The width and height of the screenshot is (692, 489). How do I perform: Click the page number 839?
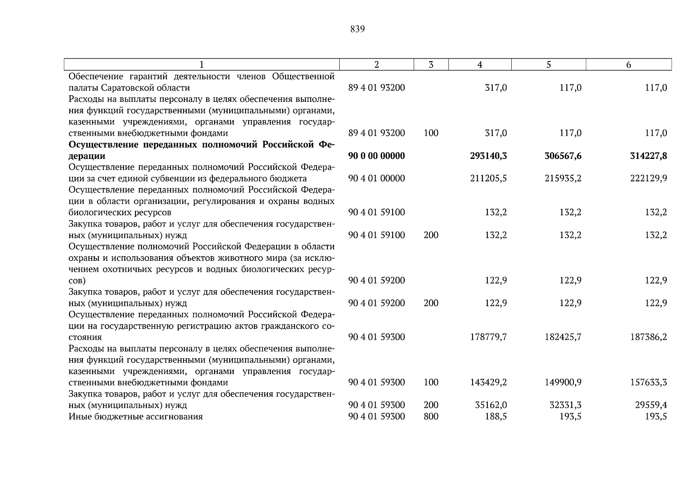point(357,29)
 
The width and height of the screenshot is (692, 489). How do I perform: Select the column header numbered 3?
point(431,64)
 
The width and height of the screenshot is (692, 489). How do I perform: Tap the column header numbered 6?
point(628,64)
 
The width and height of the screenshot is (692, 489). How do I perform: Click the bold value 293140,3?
point(488,156)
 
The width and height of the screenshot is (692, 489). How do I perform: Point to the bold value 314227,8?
point(648,156)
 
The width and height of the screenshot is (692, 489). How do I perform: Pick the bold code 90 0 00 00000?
point(376,156)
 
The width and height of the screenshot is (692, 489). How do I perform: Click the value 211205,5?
point(488,178)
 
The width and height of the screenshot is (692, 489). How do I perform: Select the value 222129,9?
point(648,178)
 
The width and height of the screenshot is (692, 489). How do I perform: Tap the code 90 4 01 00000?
point(376,178)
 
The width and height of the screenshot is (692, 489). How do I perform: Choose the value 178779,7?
point(488,337)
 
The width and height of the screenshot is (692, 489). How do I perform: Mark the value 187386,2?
point(648,337)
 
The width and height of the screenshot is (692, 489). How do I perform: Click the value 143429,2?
point(488,382)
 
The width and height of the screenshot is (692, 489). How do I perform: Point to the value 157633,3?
point(648,382)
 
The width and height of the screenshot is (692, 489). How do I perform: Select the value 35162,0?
point(491,405)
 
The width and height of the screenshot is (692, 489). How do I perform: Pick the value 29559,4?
point(651,405)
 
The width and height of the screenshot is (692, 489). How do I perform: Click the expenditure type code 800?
point(431,416)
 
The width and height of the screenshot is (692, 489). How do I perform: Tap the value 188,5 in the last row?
point(495,416)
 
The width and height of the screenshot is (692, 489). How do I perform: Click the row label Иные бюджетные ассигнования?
point(135,416)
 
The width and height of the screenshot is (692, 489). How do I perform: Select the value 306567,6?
point(563,156)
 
